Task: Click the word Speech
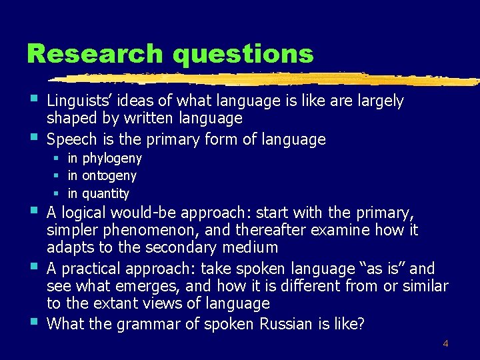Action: pyautogui.click(x=73, y=139)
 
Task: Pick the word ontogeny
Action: pyautogui.click(x=109, y=176)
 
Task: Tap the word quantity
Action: pyautogui.click(x=106, y=194)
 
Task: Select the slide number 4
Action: pyautogui.click(x=445, y=344)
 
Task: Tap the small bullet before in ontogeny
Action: pyautogui.click(x=58, y=176)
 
